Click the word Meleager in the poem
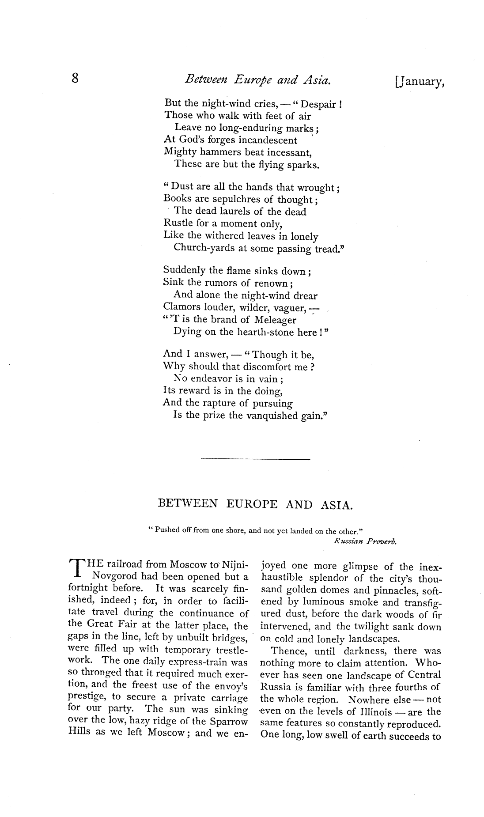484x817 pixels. point(273,320)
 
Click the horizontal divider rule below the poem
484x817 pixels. point(255,461)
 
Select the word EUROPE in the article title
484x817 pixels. point(252,504)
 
